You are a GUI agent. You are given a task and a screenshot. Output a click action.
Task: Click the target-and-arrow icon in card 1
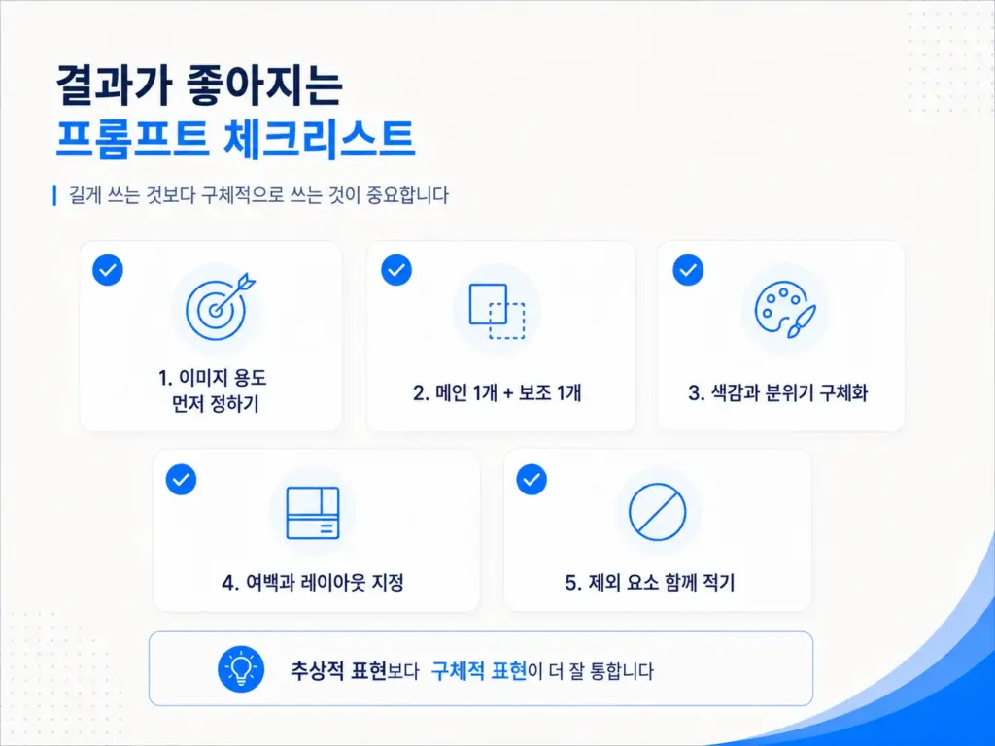click(217, 309)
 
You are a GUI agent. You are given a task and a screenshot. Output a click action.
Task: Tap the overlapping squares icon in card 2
click(497, 311)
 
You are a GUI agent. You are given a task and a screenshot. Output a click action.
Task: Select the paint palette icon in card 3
click(785, 311)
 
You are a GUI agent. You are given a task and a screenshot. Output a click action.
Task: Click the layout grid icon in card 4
click(313, 513)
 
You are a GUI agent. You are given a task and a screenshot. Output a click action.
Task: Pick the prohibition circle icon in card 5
click(658, 512)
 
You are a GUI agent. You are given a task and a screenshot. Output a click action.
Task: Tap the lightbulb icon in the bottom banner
click(241, 669)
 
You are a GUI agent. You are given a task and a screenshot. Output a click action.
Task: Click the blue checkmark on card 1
click(108, 270)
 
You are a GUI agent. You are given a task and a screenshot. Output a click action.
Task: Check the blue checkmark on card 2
click(396, 270)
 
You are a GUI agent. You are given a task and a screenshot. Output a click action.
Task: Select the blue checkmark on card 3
click(688, 270)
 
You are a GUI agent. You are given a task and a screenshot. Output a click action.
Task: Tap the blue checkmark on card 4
click(181, 480)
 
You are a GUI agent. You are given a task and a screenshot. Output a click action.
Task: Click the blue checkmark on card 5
click(532, 480)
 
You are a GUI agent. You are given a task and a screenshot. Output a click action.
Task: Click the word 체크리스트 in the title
click(319, 138)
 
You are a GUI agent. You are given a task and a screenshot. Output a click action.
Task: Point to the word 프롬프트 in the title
click(131, 138)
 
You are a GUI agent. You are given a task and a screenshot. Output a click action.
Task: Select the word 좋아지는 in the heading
click(264, 85)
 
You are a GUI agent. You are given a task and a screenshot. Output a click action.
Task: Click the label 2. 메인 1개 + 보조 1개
click(497, 392)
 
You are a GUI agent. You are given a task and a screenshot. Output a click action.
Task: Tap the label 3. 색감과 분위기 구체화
click(778, 392)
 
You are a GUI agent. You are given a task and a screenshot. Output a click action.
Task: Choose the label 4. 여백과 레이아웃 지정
click(313, 583)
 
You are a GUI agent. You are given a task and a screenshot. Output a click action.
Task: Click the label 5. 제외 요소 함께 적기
click(650, 583)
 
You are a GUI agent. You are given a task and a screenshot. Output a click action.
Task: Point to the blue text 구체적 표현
click(478, 670)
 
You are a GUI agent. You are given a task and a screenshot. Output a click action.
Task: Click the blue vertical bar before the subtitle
click(55, 195)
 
